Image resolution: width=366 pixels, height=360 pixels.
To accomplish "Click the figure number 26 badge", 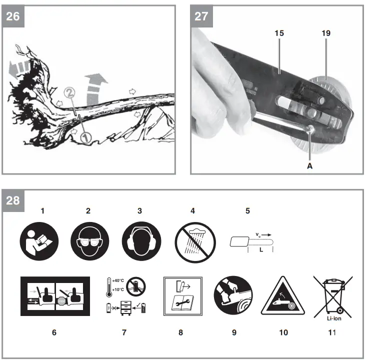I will [13, 16].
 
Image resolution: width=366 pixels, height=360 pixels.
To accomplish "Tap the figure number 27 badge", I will [202, 16].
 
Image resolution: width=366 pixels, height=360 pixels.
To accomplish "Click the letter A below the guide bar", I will [309, 166].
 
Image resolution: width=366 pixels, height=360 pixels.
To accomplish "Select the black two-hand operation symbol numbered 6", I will [55, 296].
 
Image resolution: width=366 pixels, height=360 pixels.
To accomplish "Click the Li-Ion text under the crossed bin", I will [327, 316].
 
